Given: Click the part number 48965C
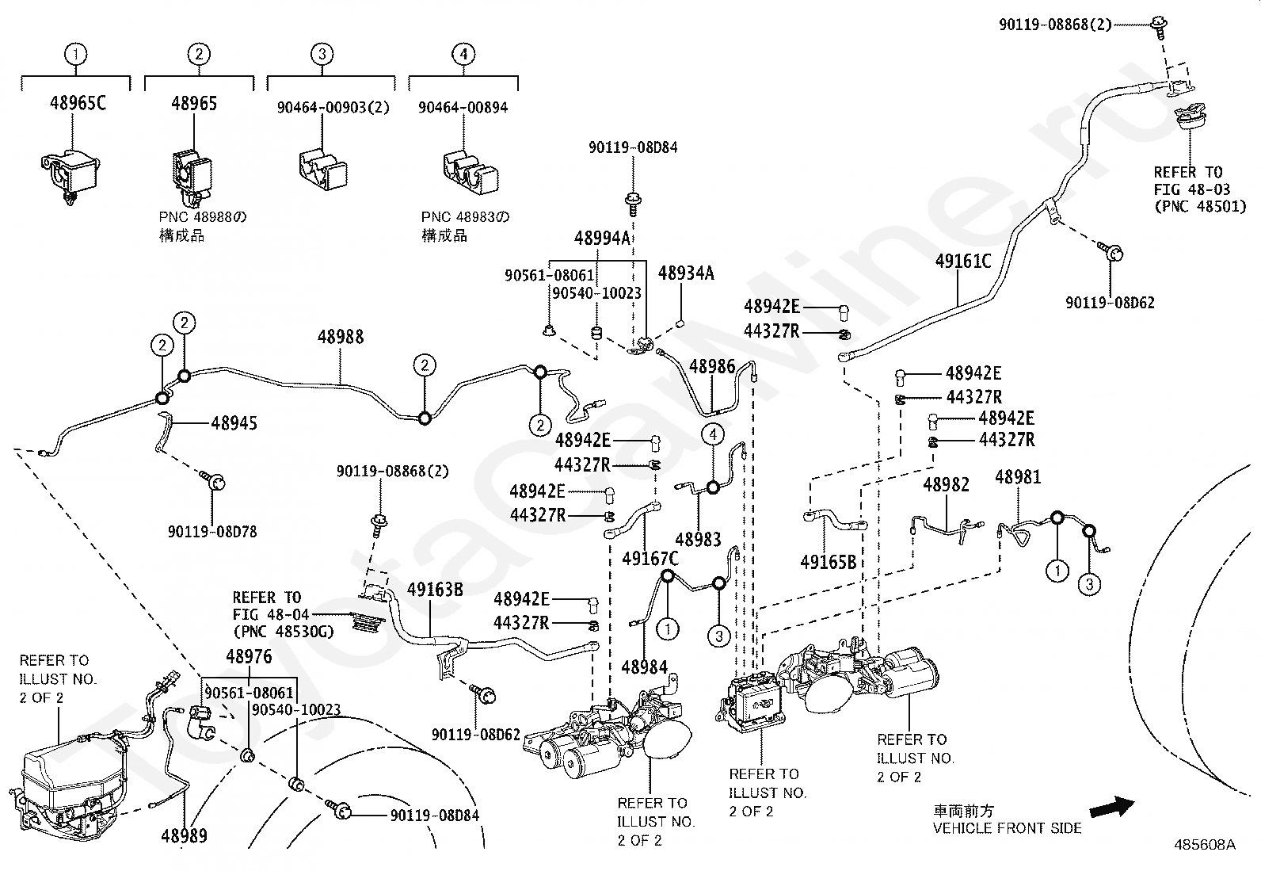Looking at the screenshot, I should point(78,104).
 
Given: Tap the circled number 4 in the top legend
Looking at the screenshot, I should point(463,55).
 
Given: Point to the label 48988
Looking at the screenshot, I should point(341,337).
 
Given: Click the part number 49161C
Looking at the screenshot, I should point(962,262).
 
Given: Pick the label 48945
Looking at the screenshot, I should point(234,423).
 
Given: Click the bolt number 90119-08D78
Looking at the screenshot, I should point(212,532).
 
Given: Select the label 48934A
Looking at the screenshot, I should point(686,273).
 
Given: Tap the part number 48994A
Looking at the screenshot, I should point(602,239).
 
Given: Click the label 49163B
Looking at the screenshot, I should point(435,590).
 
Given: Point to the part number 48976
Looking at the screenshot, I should point(249,657).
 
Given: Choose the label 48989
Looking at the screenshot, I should point(184,835).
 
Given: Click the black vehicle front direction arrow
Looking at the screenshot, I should point(1112,808).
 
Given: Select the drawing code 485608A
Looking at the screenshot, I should point(1204,845).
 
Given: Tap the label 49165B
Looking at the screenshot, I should point(828,562).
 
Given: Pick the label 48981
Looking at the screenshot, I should point(1018,477).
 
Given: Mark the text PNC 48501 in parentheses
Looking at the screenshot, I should point(1200,208).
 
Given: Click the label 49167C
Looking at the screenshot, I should point(650,559).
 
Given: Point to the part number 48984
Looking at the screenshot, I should point(644,667).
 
